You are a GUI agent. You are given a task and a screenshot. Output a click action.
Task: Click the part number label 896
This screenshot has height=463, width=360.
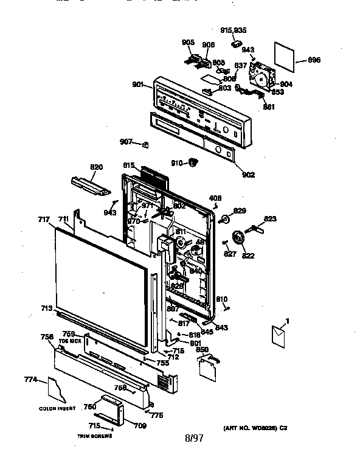click(x=314, y=60)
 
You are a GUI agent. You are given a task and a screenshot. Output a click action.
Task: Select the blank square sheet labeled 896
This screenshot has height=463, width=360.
click(x=283, y=54)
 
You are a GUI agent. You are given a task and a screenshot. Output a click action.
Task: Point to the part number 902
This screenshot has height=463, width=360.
click(x=247, y=175)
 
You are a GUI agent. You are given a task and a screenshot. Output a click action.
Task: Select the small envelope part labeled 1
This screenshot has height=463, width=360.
click(x=280, y=336)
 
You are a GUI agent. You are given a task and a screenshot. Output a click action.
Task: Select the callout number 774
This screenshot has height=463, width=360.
click(x=30, y=380)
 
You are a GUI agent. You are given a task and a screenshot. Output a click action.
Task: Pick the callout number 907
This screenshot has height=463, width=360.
click(x=126, y=142)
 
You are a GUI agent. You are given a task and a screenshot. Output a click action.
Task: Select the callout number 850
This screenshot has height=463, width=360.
click(x=202, y=350)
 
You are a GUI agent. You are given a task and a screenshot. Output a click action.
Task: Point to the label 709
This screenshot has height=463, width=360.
click(x=140, y=426)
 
